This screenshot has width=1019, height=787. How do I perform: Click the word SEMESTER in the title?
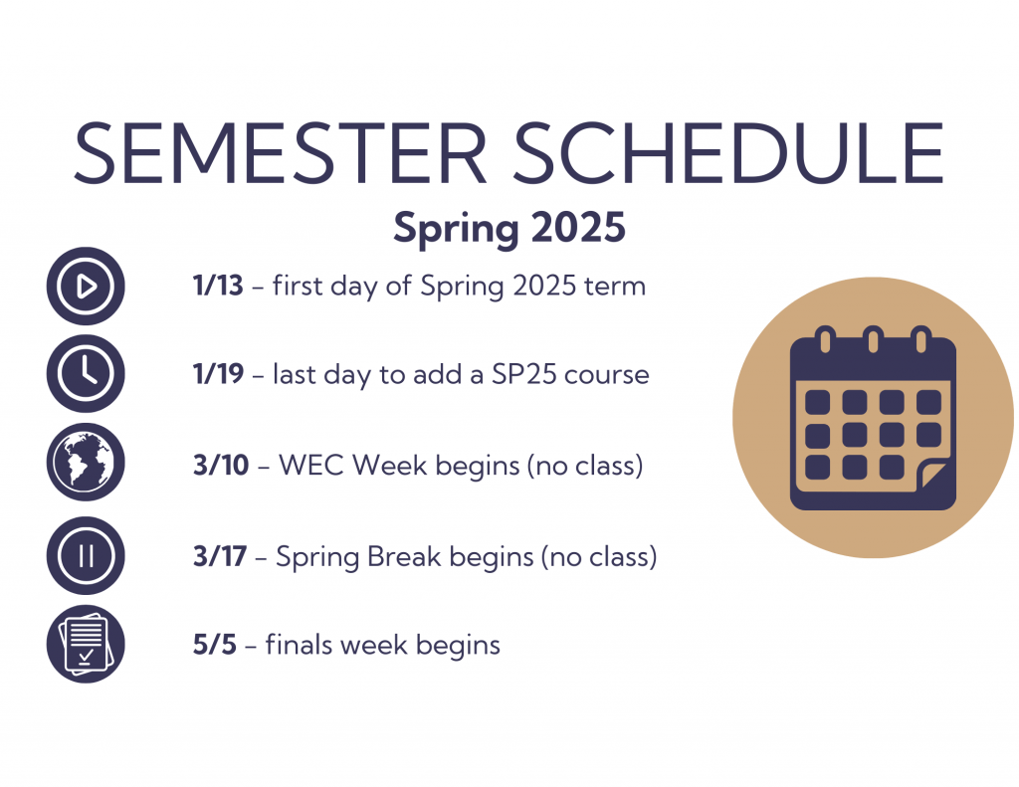[x=281, y=154]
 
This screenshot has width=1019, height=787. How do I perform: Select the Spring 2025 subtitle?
[x=509, y=227]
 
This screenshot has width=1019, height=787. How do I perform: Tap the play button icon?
[x=86, y=287]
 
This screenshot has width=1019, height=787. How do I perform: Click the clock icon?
[x=86, y=374]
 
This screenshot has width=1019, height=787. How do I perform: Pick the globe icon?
[x=86, y=464]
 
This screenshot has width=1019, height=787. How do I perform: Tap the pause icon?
[x=86, y=555]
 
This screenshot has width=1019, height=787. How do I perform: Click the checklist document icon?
[x=86, y=645]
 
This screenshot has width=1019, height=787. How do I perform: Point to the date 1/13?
[x=218, y=287]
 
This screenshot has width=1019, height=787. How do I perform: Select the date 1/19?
[x=218, y=375]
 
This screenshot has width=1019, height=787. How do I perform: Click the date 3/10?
[x=221, y=465]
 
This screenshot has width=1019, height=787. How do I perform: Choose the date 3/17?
[x=219, y=556]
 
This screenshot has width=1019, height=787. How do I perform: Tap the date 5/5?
[x=213, y=645]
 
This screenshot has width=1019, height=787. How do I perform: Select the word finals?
[x=300, y=645]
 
